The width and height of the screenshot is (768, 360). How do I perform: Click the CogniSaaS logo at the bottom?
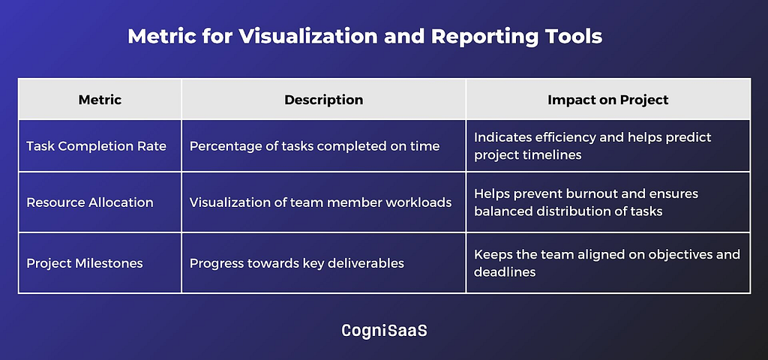(x=384, y=331)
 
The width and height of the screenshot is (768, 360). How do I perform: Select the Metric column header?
(x=100, y=100)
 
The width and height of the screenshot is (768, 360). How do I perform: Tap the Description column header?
(x=324, y=100)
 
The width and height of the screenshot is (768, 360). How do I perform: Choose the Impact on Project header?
(x=607, y=100)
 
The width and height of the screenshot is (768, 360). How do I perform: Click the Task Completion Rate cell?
(x=97, y=146)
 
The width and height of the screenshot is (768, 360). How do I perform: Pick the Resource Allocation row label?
(x=90, y=202)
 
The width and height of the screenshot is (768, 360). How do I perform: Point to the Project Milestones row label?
(x=85, y=263)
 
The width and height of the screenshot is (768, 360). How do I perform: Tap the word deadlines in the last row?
(x=505, y=271)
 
